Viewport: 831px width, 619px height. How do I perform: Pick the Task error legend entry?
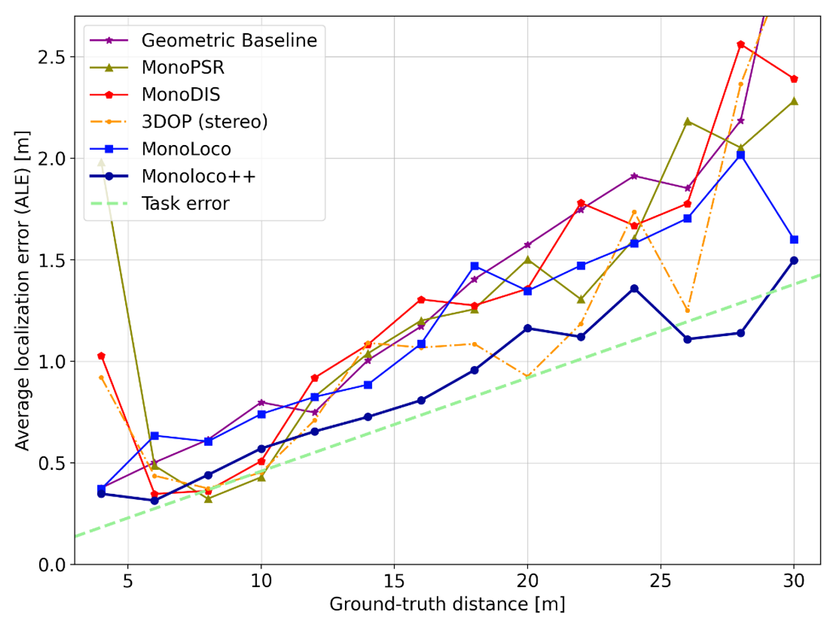point(185,203)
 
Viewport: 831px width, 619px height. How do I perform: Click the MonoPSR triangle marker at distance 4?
point(101,162)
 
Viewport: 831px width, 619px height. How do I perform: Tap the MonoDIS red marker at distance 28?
point(740,45)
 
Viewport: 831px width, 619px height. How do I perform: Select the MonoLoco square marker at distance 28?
point(740,154)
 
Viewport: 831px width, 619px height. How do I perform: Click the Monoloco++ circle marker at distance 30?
point(794,260)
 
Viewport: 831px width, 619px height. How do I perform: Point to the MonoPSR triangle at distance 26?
point(687,121)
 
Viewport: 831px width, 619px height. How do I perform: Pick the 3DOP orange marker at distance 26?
point(687,310)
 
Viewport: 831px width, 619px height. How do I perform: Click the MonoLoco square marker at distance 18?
point(474,266)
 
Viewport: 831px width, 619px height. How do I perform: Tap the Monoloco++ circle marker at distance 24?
point(634,288)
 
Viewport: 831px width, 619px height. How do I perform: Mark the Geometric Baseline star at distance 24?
point(634,176)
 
